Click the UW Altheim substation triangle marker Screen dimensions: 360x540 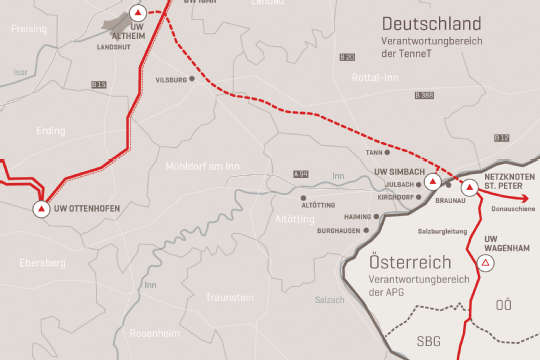136,14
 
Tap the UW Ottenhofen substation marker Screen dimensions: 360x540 41,209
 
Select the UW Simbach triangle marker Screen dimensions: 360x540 432,183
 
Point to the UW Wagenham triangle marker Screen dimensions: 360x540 486,262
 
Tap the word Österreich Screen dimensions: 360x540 405,259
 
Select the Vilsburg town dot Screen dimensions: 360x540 194,79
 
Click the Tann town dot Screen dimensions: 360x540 393,153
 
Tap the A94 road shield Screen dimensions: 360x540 301,174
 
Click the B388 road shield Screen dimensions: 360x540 424,95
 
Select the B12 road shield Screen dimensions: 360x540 502,137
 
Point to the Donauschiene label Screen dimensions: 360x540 511,209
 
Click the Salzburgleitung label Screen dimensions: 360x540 449,231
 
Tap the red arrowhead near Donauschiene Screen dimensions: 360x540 528,197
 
